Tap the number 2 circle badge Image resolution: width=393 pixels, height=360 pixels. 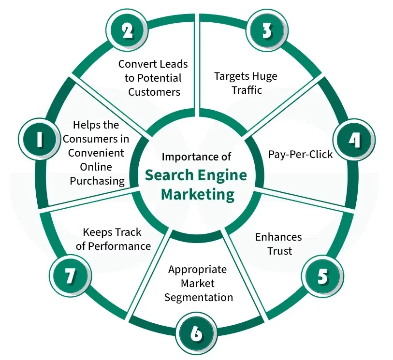127,30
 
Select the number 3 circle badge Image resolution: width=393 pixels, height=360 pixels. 266,30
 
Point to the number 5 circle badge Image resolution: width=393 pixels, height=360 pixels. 322,277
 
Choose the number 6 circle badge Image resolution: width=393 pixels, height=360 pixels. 196,333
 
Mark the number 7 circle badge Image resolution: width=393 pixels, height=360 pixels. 71,277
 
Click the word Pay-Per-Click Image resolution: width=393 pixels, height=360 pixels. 300,154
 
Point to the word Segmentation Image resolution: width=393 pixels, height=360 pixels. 199,297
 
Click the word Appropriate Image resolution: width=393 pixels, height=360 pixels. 197,269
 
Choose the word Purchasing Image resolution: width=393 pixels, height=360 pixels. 98,181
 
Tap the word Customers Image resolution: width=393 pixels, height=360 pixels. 154,91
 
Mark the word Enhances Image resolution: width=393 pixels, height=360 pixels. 278,237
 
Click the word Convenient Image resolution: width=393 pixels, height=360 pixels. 96,153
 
